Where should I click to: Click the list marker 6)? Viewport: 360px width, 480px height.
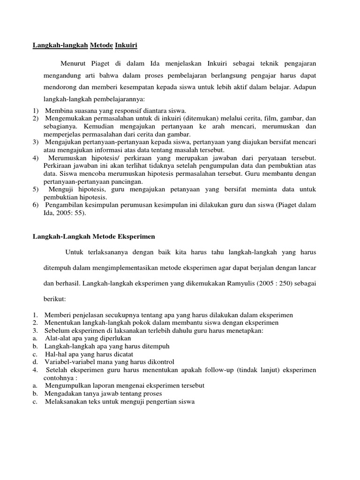coord(36,205)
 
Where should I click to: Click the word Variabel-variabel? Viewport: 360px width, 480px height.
coord(68,362)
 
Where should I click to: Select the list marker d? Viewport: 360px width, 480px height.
coord(35,362)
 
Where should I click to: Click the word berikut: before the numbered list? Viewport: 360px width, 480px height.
coord(55,299)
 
